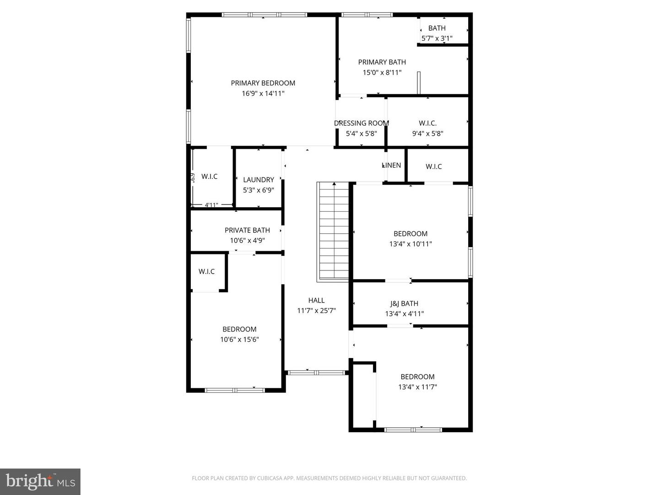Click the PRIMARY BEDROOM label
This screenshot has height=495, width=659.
point(263,83)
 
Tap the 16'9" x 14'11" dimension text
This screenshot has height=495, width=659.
point(263,93)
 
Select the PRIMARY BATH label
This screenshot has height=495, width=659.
point(382,62)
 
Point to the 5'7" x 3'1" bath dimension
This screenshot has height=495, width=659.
point(437,38)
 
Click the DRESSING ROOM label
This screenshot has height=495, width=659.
point(361,123)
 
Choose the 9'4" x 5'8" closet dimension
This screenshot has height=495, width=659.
point(427,134)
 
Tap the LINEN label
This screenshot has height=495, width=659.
point(392,165)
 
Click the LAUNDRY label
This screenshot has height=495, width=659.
point(258,180)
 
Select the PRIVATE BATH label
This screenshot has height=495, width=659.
point(247,230)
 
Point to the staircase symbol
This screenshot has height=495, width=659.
point(334,231)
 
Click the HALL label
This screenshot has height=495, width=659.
point(316,300)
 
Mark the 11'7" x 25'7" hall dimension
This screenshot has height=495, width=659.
point(316,311)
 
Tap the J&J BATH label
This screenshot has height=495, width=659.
point(404,303)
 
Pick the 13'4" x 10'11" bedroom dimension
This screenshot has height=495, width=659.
point(410,244)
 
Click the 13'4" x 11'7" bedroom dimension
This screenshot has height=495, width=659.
point(417,387)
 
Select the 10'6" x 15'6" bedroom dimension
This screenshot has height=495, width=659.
point(239,340)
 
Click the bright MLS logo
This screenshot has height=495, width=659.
point(40,481)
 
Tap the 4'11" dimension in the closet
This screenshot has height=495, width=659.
point(211,205)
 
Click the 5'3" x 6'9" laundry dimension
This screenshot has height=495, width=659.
point(258,190)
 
